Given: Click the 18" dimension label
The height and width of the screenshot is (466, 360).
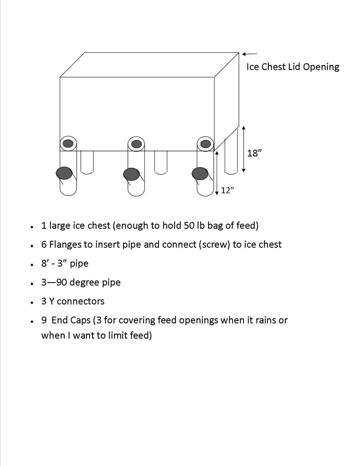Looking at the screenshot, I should (x=254, y=153).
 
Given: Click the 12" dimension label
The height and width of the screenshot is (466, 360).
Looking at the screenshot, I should (x=227, y=190).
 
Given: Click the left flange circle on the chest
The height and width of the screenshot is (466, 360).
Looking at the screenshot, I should (x=68, y=144).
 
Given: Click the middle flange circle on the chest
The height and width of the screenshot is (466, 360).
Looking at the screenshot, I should (x=136, y=144).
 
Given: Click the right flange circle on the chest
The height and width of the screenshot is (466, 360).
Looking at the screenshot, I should (x=205, y=144).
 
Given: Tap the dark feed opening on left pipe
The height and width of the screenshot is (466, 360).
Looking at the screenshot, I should (x=64, y=173).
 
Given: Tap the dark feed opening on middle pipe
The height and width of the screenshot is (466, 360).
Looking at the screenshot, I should (x=131, y=174).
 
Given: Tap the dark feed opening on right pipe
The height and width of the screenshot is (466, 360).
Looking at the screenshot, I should (x=200, y=173).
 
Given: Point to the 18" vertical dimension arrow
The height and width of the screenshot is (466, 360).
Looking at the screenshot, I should (x=244, y=149).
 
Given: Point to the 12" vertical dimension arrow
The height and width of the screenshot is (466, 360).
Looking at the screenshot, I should (x=217, y=173).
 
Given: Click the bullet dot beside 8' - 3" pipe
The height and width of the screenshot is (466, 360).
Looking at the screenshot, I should (x=32, y=265).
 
